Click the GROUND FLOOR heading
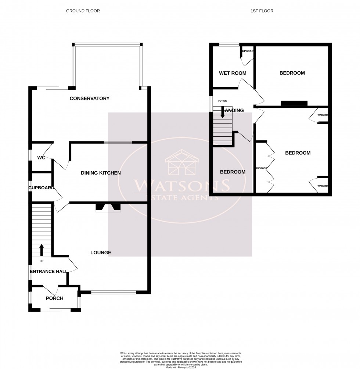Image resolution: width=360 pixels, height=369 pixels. (83, 11)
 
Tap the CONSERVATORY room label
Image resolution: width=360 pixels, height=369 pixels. (90, 98)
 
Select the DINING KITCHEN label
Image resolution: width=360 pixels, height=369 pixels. (101, 173)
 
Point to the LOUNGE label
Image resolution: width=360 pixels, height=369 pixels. (101, 253)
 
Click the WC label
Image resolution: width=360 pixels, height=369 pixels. (41, 158)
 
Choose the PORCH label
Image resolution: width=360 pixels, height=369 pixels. (54, 298)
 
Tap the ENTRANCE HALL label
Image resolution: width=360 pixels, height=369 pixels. (48, 272)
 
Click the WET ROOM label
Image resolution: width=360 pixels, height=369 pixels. (233, 73)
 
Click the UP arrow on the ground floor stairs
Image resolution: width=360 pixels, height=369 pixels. (41, 250)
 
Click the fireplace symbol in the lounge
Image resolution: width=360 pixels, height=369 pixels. (108, 208)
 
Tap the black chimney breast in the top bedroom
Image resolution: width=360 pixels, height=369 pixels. (294, 103)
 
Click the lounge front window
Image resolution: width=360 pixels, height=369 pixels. (114, 293)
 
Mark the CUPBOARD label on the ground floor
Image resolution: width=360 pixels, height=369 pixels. (42, 188)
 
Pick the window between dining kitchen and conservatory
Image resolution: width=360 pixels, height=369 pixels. (118, 142)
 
